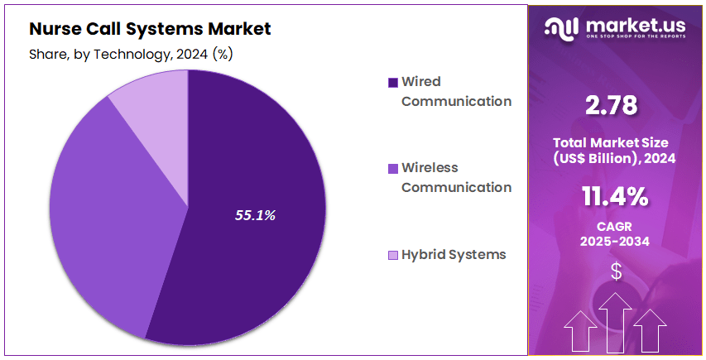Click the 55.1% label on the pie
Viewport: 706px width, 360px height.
(x=255, y=215)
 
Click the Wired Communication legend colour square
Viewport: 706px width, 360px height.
(x=392, y=82)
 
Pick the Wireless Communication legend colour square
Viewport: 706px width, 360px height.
(x=392, y=168)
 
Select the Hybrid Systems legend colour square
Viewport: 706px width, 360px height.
(x=392, y=255)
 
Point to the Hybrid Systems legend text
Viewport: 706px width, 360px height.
(x=453, y=254)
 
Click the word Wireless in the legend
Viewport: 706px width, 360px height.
(x=430, y=167)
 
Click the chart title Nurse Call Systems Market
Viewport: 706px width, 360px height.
(x=150, y=29)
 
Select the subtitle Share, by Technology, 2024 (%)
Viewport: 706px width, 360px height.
(x=132, y=54)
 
